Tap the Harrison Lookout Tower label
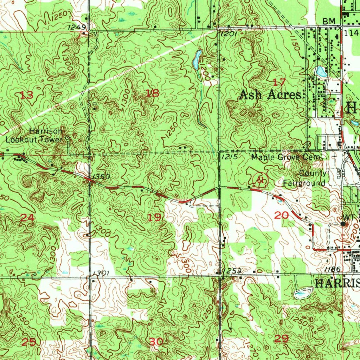click(x=35, y=135)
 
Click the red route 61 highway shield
click(x=261, y=180)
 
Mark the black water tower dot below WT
click(x=343, y=223)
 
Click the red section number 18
click(x=153, y=93)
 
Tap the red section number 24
click(x=27, y=218)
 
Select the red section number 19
click(x=154, y=218)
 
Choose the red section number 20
click(x=281, y=216)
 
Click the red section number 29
click(x=281, y=339)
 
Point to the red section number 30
click(x=156, y=341)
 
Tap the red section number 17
click(x=279, y=83)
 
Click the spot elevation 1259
click(x=232, y=270)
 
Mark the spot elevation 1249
click(x=74, y=27)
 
